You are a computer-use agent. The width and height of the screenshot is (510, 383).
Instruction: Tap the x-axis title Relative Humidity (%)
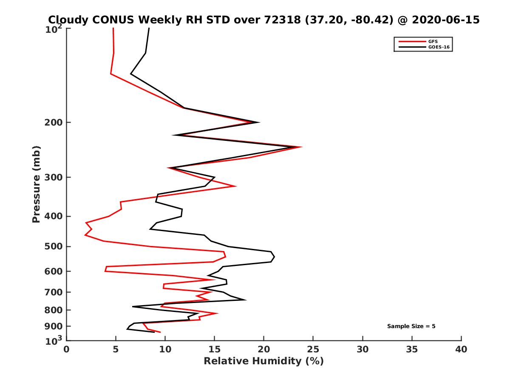263,361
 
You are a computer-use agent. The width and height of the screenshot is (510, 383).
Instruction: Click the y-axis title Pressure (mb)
36,184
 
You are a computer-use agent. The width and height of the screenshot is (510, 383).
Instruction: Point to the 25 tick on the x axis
313,340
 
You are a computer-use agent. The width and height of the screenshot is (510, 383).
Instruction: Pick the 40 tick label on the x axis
461,350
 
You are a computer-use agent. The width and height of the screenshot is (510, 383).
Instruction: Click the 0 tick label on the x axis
67,350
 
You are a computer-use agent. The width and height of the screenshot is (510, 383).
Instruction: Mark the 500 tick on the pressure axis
67,246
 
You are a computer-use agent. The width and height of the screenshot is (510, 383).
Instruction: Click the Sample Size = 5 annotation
411,326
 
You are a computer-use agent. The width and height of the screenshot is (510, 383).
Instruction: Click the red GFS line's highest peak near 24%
301,147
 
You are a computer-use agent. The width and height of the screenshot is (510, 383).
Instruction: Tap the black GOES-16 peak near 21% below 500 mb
275,257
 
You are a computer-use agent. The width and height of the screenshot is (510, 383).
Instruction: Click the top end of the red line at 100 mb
113,28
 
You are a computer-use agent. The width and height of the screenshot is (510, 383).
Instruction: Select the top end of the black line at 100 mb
149,28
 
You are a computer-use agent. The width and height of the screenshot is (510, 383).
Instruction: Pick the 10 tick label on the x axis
165,350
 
